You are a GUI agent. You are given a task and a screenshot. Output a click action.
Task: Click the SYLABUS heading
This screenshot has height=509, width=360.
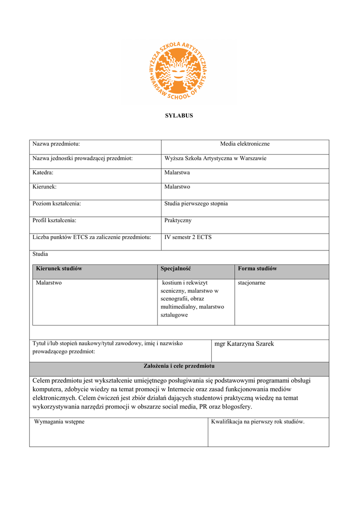[179, 116]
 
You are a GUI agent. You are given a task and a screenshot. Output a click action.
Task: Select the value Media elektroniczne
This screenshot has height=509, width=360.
[245, 144]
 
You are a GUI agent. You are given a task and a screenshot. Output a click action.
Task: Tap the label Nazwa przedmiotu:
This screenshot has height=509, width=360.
[56, 144]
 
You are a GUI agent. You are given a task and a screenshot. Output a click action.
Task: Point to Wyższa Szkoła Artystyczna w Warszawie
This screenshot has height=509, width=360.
[215, 159]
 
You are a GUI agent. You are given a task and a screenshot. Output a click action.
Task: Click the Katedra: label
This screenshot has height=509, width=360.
[43, 172]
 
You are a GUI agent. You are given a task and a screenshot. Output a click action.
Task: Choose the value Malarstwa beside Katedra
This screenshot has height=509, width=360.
[177, 172]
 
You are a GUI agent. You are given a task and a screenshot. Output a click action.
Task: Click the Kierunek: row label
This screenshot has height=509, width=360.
[45, 187]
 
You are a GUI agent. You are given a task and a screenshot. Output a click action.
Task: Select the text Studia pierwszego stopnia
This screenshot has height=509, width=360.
[196, 204]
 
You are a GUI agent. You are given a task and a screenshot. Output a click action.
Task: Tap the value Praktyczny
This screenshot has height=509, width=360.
[178, 220]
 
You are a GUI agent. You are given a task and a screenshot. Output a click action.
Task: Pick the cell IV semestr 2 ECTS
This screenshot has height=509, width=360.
[188, 237]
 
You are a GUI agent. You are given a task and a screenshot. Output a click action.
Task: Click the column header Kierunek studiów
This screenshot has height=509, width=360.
[59, 268]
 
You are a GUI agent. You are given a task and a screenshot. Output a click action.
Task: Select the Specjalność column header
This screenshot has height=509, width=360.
[176, 268]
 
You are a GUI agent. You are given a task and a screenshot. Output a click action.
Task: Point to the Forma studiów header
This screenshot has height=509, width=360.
[257, 268]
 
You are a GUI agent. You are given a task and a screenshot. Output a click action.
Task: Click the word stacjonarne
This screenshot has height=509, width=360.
[252, 282]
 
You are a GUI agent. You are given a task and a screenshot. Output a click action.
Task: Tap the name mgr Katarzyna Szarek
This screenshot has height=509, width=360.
[244, 344]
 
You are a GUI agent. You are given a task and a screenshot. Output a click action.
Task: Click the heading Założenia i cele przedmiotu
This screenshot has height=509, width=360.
[179, 366]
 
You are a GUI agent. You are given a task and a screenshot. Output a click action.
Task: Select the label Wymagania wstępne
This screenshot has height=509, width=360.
[59, 422]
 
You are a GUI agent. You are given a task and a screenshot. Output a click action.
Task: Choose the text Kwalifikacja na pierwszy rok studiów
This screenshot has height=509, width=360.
[258, 422]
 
